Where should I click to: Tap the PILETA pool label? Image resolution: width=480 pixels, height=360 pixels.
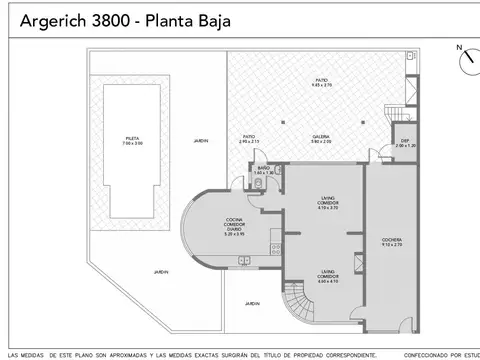(x=134, y=141)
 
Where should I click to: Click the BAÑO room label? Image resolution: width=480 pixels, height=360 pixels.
(x=263, y=171)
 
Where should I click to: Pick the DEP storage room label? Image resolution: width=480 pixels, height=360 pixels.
(x=404, y=142)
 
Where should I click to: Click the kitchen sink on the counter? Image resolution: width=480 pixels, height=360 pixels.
(x=244, y=262)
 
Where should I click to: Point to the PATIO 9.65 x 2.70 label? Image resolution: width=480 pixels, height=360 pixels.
(x=320, y=82)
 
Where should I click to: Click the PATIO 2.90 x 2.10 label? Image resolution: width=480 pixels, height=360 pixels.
(x=249, y=139)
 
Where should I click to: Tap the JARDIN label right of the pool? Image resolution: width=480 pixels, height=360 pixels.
(x=200, y=141)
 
